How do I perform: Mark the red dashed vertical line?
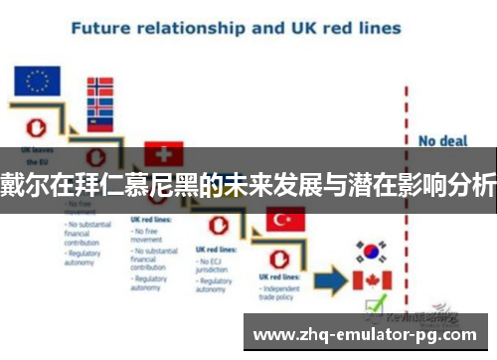tap(407, 199)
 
